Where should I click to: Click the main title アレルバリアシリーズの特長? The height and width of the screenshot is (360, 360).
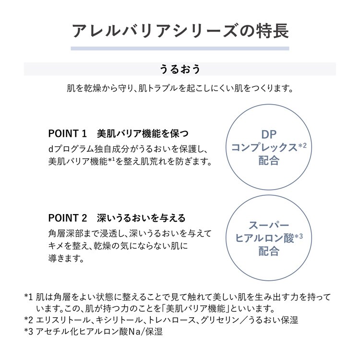pyautogui.click(x=180, y=31)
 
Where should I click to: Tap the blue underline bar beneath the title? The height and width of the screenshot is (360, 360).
pyautogui.click(x=180, y=48)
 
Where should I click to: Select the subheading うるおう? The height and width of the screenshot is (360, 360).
pyautogui.click(x=180, y=69)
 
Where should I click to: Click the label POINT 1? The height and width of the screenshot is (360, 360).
pyautogui.click(x=68, y=133)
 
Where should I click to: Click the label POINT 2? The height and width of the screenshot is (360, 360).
pyautogui.click(x=68, y=218)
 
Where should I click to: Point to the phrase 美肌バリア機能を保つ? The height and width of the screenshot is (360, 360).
pyautogui.click(x=143, y=133)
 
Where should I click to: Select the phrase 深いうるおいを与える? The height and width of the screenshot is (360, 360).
pyautogui.click(x=141, y=218)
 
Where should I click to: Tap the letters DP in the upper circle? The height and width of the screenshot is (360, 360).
pyautogui.click(x=269, y=135)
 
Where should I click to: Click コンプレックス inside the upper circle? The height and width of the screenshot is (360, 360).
pyautogui.click(x=264, y=147)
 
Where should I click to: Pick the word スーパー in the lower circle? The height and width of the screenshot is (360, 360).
pyautogui.click(x=269, y=225)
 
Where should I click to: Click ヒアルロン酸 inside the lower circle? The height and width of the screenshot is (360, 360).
pyautogui.click(x=264, y=238)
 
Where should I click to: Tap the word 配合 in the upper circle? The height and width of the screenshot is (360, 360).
pyautogui.click(x=269, y=160)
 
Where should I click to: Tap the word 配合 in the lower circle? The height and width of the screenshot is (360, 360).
pyautogui.click(x=269, y=251)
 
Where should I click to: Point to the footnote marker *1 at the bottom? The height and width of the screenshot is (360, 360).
pyautogui.click(x=29, y=297)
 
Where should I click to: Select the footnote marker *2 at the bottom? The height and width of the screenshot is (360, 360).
pyautogui.click(x=29, y=320)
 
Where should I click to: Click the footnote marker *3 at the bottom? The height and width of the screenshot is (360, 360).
pyautogui.click(x=29, y=332)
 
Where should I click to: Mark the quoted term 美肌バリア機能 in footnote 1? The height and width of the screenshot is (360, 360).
pyautogui.click(x=195, y=309)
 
